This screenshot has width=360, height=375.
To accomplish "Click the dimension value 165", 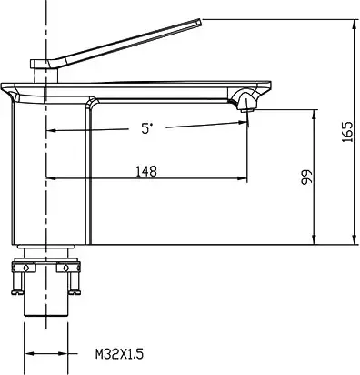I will pos(347,132).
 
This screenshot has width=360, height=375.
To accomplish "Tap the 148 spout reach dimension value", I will pos(146,169).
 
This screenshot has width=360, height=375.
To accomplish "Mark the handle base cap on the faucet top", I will pos(44,65).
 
